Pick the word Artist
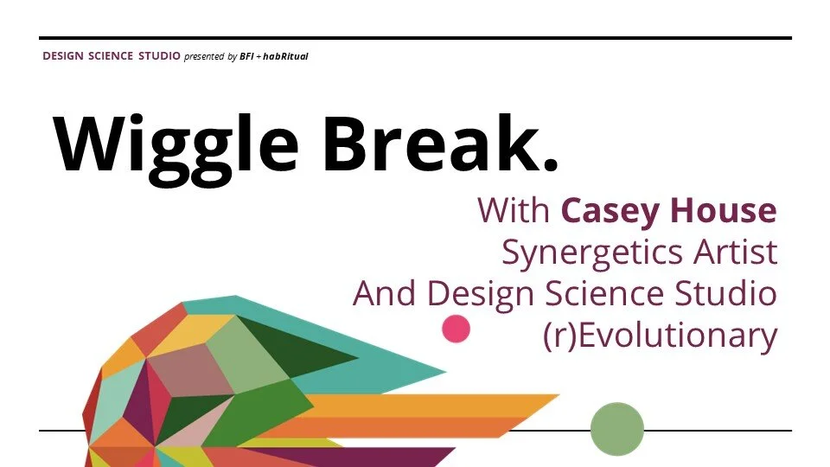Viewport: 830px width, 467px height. [x=734, y=253]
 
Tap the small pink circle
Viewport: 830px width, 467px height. [x=456, y=329]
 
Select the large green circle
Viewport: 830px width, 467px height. [x=617, y=429]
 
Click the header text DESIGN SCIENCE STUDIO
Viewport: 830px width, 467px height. [x=112, y=56]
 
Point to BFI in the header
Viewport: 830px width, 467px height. [x=247, y=57]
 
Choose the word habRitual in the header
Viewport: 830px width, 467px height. [x=286, y=57]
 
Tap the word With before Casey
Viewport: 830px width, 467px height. [x=515, y=210]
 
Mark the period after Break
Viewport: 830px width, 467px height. [x=548, y=163]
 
